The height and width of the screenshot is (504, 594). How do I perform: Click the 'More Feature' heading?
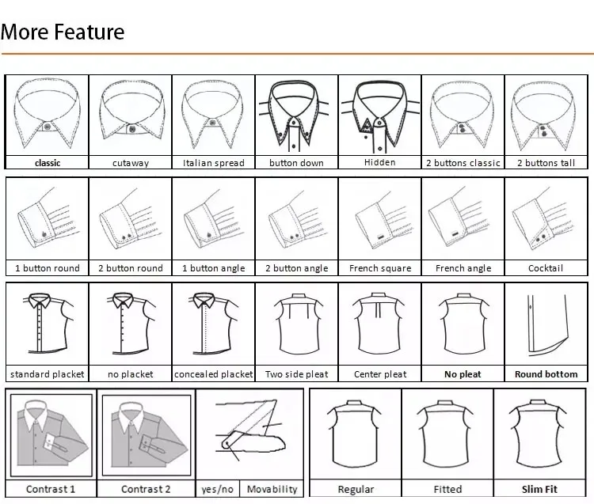pos(63,32)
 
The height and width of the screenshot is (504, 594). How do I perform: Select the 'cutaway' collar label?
pos(130,163)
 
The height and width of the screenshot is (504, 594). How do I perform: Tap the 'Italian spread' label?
pos(214,163)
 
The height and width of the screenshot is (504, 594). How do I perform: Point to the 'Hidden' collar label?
pos(379,162)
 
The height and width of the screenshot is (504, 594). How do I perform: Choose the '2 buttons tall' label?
pos(546,163)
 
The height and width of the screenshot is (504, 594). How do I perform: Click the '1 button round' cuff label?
pos(48,268)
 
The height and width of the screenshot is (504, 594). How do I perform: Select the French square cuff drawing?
pos(379,221)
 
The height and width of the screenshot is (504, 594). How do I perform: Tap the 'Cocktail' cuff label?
pos(546,268)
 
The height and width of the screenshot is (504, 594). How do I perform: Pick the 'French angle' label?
pos(463,268)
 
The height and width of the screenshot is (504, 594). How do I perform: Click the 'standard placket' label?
pos(48,374)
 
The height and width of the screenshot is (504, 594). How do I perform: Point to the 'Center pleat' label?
pos(379,374)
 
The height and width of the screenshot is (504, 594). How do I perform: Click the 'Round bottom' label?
pos(546,374)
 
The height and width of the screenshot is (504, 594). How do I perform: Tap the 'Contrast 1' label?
pos(51,489)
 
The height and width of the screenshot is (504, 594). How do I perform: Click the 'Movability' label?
pos(272,489)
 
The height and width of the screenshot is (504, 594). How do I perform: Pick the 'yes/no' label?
pos(217,489)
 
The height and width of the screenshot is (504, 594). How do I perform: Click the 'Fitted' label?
pos(447,490)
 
